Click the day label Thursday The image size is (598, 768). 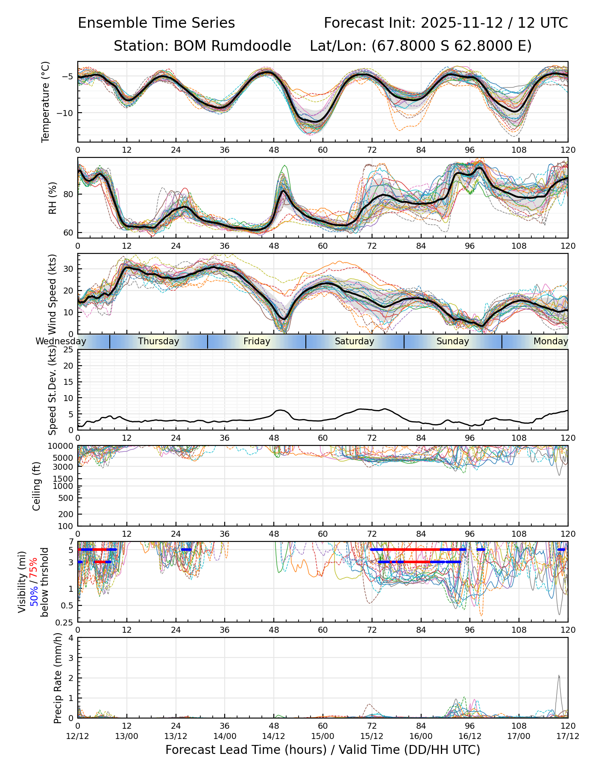[158, 341]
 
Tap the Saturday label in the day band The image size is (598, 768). [354, 341]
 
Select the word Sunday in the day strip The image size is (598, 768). [452, 341]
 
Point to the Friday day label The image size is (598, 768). [257, 341]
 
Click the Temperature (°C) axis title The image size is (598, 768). [46, 102]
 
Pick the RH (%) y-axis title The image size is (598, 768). [53, 198]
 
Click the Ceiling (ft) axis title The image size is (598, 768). [37, 486]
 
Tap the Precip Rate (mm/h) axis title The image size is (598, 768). [58, 678]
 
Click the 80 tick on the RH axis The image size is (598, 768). [69, 194]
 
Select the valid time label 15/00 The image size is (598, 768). [322, 736]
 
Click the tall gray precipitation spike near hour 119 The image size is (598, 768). [559, 677]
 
